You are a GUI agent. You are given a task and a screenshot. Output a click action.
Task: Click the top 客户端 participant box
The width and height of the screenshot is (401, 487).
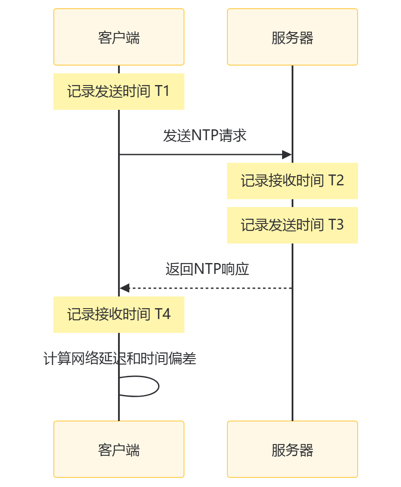[119, 37]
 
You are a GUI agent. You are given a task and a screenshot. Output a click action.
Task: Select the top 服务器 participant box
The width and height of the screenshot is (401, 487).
[292, 37]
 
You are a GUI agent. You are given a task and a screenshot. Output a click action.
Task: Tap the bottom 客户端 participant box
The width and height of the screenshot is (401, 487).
[119, 449]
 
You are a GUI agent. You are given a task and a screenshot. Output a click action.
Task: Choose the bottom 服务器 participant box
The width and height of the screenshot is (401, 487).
[292, 449]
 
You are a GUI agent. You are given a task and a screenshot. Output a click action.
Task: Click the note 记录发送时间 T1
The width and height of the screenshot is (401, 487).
[119, 92]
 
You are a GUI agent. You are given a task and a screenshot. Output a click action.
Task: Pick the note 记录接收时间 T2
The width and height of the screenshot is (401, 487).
[292, 181]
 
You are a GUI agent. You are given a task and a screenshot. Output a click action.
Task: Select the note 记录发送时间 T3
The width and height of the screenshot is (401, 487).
[292, 225]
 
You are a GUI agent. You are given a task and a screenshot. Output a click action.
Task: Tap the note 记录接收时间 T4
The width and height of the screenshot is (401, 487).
[119, 314]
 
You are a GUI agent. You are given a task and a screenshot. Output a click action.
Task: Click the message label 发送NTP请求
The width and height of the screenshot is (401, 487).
[205, 136]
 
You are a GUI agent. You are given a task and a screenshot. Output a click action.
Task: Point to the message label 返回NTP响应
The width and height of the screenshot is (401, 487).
[207, 269]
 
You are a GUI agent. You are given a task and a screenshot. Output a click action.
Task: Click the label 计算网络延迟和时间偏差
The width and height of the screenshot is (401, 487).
[120, 359]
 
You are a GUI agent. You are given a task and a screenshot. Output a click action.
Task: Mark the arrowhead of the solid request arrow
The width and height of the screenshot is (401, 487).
[287, 155]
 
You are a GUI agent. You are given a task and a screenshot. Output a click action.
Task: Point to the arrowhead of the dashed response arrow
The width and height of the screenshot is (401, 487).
[125, 288]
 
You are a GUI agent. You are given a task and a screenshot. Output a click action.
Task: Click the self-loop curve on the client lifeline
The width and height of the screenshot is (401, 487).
[158, 386]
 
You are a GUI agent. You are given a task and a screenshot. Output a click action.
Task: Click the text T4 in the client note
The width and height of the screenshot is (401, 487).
[162, 314]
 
